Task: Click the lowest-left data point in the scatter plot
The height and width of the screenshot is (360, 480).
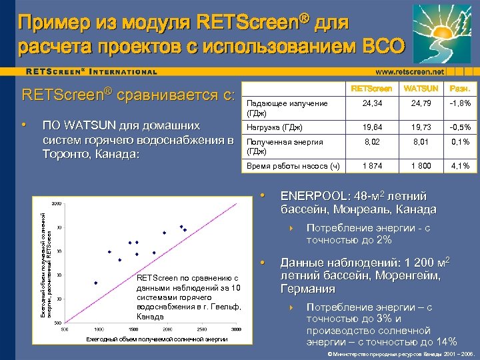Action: pyautogui.click(x=96, y=283)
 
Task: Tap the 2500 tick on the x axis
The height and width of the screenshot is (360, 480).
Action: pyautogui.click(x=204, y=329)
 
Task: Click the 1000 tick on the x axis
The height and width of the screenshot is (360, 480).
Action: pyautogui.click(x=99, y=329)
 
